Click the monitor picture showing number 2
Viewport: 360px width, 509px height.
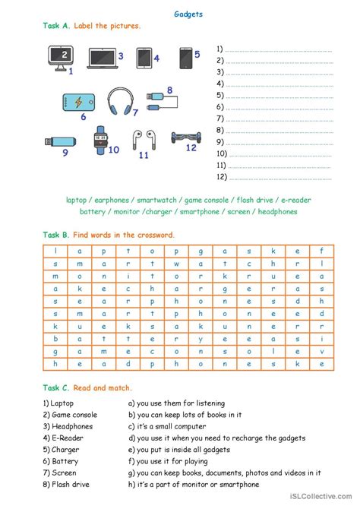[x=60, y=56]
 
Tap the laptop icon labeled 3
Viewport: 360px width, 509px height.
[x=102, y=56]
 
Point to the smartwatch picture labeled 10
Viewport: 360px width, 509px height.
[x=100, y=141]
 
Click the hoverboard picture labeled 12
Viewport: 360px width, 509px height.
[x=182, y=137]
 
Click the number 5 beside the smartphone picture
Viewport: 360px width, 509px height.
[x=197, y=54]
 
